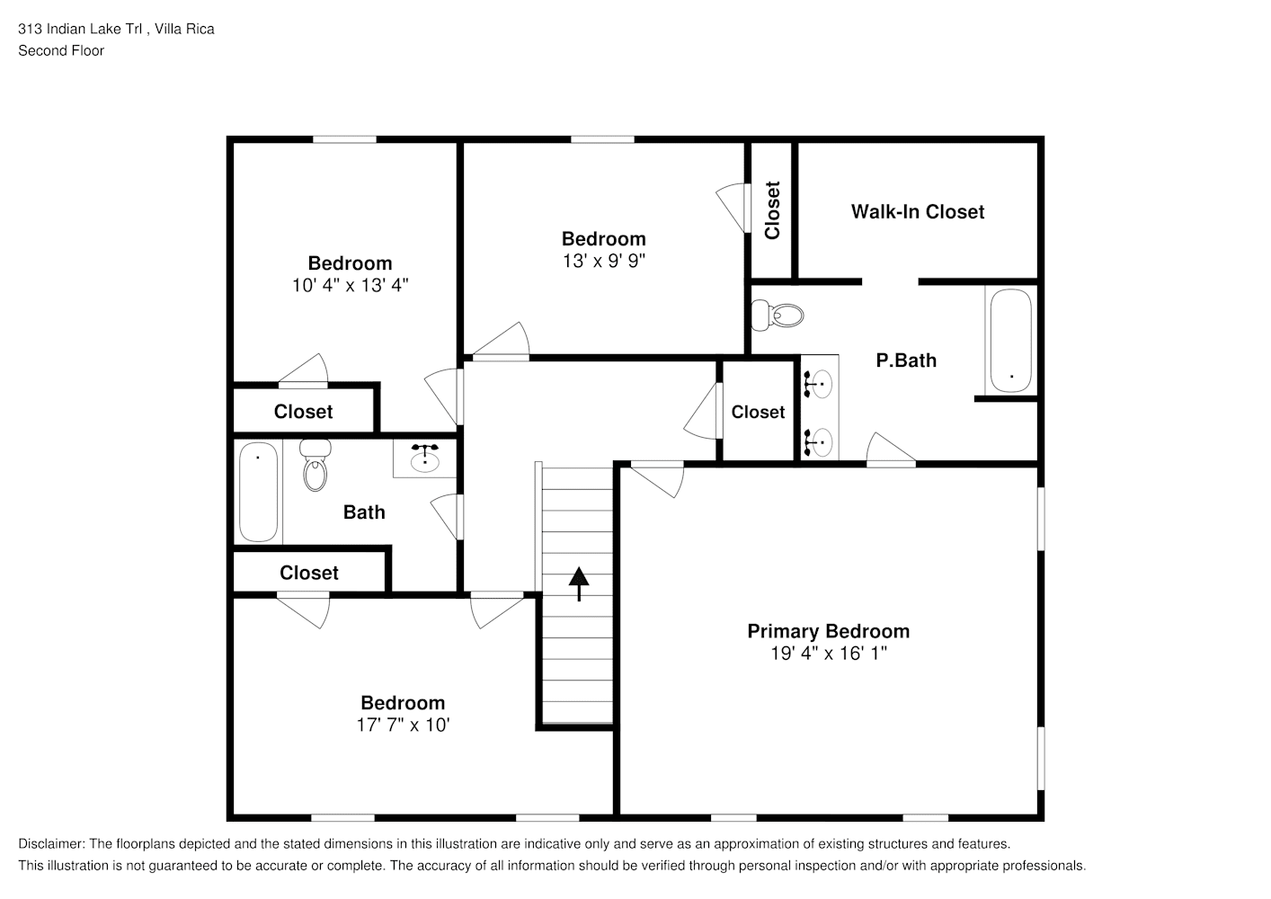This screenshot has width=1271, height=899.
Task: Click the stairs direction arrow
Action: [579, 583]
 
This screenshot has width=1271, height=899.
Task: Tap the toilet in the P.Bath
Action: [777, 315]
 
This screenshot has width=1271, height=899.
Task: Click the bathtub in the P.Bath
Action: [1010, 341]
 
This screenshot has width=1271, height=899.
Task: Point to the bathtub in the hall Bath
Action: [258, 492]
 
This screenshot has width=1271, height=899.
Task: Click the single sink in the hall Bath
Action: [425, 458]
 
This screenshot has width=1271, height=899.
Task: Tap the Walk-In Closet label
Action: [918, 211]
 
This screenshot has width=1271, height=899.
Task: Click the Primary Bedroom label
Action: [829, 631]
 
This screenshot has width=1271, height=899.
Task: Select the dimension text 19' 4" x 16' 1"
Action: [829, 654]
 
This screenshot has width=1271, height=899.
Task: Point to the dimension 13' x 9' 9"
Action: [604, 261]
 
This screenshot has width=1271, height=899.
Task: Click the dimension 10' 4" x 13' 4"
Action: [350, 285]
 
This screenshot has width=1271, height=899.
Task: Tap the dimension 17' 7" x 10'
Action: [403, 725]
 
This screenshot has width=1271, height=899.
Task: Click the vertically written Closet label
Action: [772, 210]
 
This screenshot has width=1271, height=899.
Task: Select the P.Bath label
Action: [906, 360]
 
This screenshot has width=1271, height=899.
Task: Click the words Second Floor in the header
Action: [61, 50]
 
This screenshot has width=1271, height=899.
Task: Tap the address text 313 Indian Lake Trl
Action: [80, 29]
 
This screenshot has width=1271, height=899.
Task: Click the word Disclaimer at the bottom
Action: [51, 844]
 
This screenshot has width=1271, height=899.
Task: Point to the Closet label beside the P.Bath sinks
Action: [758, 412]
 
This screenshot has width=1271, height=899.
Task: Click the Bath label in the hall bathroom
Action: [364, 512]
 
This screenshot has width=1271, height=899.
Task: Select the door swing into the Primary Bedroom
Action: [658, 479]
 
